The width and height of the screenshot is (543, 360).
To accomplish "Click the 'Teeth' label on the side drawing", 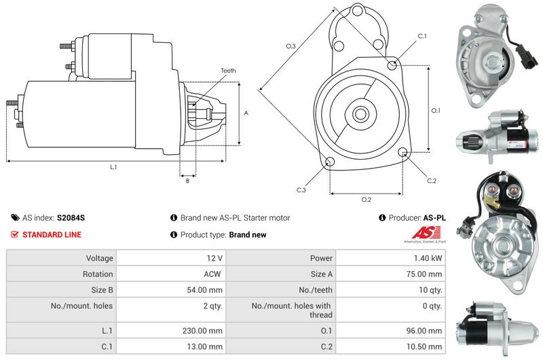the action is click(228, 71).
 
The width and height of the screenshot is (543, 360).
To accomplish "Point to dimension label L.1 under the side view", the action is click(113, 167).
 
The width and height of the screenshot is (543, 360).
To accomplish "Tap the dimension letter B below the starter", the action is click(188, 181).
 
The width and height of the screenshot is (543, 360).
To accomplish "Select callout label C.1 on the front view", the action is click(422, 36).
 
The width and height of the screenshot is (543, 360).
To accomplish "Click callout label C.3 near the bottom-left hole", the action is click(301, 190).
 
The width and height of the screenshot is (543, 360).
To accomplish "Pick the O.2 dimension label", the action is click(366, 200).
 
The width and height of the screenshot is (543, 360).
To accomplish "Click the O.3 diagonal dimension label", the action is click(291, 46).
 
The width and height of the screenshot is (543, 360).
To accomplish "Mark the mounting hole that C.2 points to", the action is click(402, 152).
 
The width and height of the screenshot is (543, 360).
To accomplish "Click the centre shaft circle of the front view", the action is click(360, 113).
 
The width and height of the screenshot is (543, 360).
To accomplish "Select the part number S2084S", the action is click(71, 218).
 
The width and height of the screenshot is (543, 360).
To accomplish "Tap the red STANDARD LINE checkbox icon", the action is click(14, 234).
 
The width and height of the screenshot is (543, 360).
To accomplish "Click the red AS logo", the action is click(426, 232).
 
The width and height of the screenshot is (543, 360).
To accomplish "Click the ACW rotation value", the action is click(212, 274).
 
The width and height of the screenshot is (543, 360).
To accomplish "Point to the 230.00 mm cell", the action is click(202, 331).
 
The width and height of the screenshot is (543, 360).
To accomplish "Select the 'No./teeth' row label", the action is click(316, 290).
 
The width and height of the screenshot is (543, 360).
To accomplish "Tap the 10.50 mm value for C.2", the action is click(424, 346).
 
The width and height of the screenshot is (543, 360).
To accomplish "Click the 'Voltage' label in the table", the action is click(100, 258).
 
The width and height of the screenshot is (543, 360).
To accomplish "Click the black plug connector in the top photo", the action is click(527, 57).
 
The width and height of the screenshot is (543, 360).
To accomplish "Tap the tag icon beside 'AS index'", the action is click(15, 217).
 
